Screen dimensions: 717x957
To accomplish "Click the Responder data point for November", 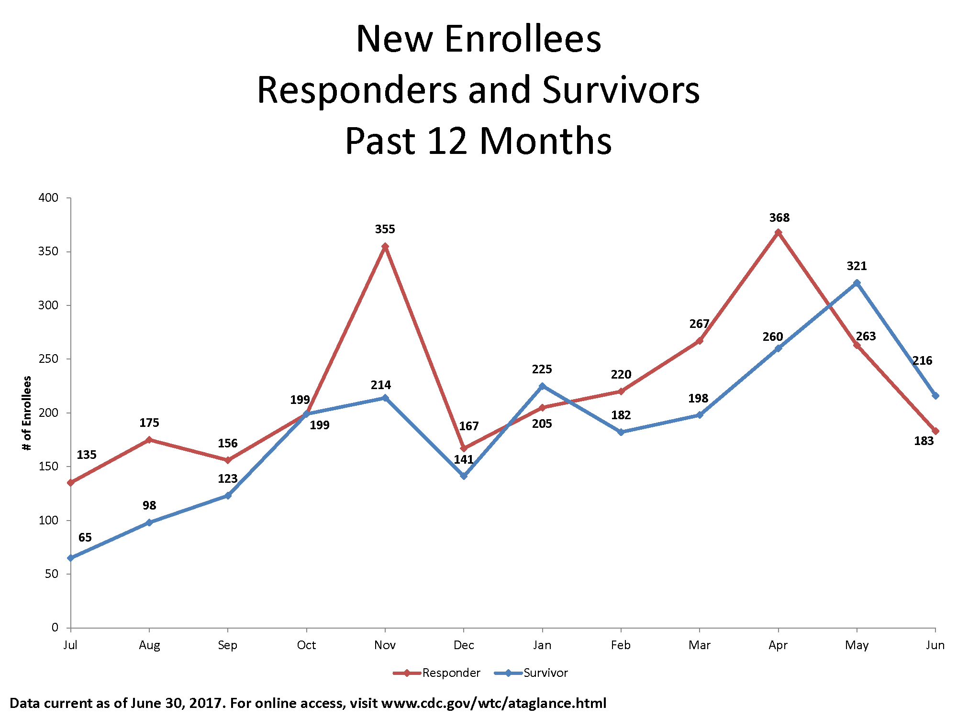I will (385, 247).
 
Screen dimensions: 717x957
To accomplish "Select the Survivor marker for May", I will (857, 282).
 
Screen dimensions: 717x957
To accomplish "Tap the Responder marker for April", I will (779, 232).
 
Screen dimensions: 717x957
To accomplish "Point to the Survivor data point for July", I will (71, 558).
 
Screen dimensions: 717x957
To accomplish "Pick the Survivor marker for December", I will (464, 476).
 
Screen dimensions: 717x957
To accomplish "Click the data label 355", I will (385, 229).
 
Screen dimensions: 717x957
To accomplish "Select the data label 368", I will (779, 218).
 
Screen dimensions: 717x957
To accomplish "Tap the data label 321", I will (857, 266).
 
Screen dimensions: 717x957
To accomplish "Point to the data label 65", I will (85, 538).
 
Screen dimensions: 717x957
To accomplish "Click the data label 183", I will (924, 441).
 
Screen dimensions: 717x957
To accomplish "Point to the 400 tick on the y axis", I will (48, 198).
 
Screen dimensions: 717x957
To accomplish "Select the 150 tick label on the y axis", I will (48, 467).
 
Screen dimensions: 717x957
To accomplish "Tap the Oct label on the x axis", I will (306, 645).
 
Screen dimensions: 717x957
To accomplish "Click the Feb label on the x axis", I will (621, 645).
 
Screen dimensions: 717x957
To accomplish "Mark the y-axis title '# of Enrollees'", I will (27, 413).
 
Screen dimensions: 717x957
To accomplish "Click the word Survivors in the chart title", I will (621, 90).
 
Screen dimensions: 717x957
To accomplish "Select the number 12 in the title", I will (447, 141).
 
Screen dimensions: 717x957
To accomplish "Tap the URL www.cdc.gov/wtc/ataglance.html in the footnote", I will (494, 703).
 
